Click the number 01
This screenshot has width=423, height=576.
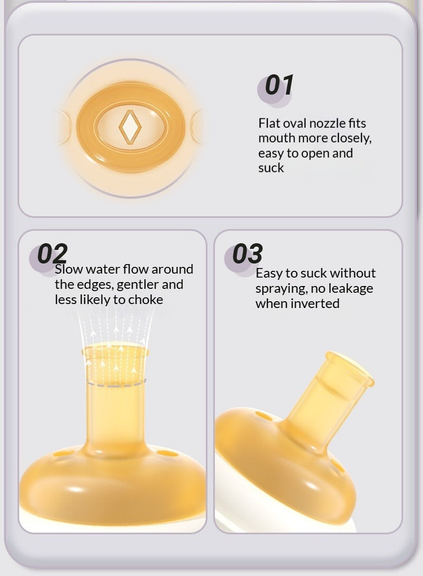[x=279, y=85]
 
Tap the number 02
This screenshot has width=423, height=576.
[x=52, y=253]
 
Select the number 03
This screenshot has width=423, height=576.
[x=248, y=253]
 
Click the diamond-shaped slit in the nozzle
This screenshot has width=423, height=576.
[x=130, y=127]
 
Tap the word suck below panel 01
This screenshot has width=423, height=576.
[x=271, y=168]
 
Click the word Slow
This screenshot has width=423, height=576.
[x=69, y=269]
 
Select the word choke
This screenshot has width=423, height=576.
[x=146, y=300]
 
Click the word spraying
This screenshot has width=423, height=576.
[x=281, y=289]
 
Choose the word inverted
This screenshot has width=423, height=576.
[x=315, y=304]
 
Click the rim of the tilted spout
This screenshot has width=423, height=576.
[x=350, y=367]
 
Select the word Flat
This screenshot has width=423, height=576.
[x=268, y=123]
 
